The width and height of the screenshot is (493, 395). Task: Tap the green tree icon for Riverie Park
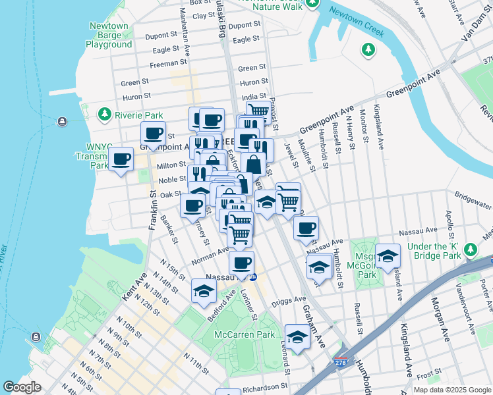104,115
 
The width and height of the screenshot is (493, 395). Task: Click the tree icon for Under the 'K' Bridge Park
471,250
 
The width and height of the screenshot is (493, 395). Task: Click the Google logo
22,387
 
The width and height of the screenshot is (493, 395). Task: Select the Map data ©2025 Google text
451,390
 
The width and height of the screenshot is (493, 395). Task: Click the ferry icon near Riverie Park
62,120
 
